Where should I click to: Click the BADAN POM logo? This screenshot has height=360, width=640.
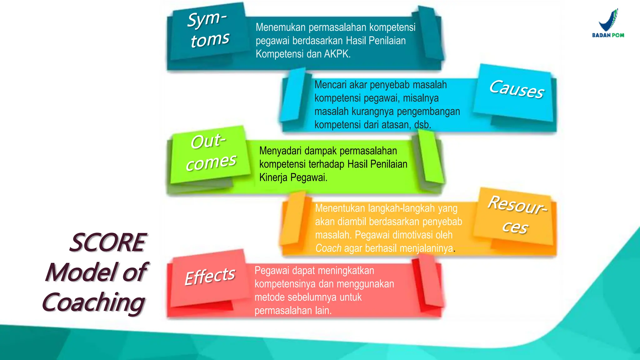(x=608, y=24)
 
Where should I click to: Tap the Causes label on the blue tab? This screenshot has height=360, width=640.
(x=517, y=89)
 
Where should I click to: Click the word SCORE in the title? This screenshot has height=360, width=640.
(x=108, y=242)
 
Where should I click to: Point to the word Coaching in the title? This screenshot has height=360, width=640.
(x=93, y=302)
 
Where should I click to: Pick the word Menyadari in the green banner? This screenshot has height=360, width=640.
(x=280, y=151)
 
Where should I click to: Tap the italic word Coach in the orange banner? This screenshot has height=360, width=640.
(x=328, y=248)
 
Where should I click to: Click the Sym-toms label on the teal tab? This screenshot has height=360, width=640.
(x=209, y=30)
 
